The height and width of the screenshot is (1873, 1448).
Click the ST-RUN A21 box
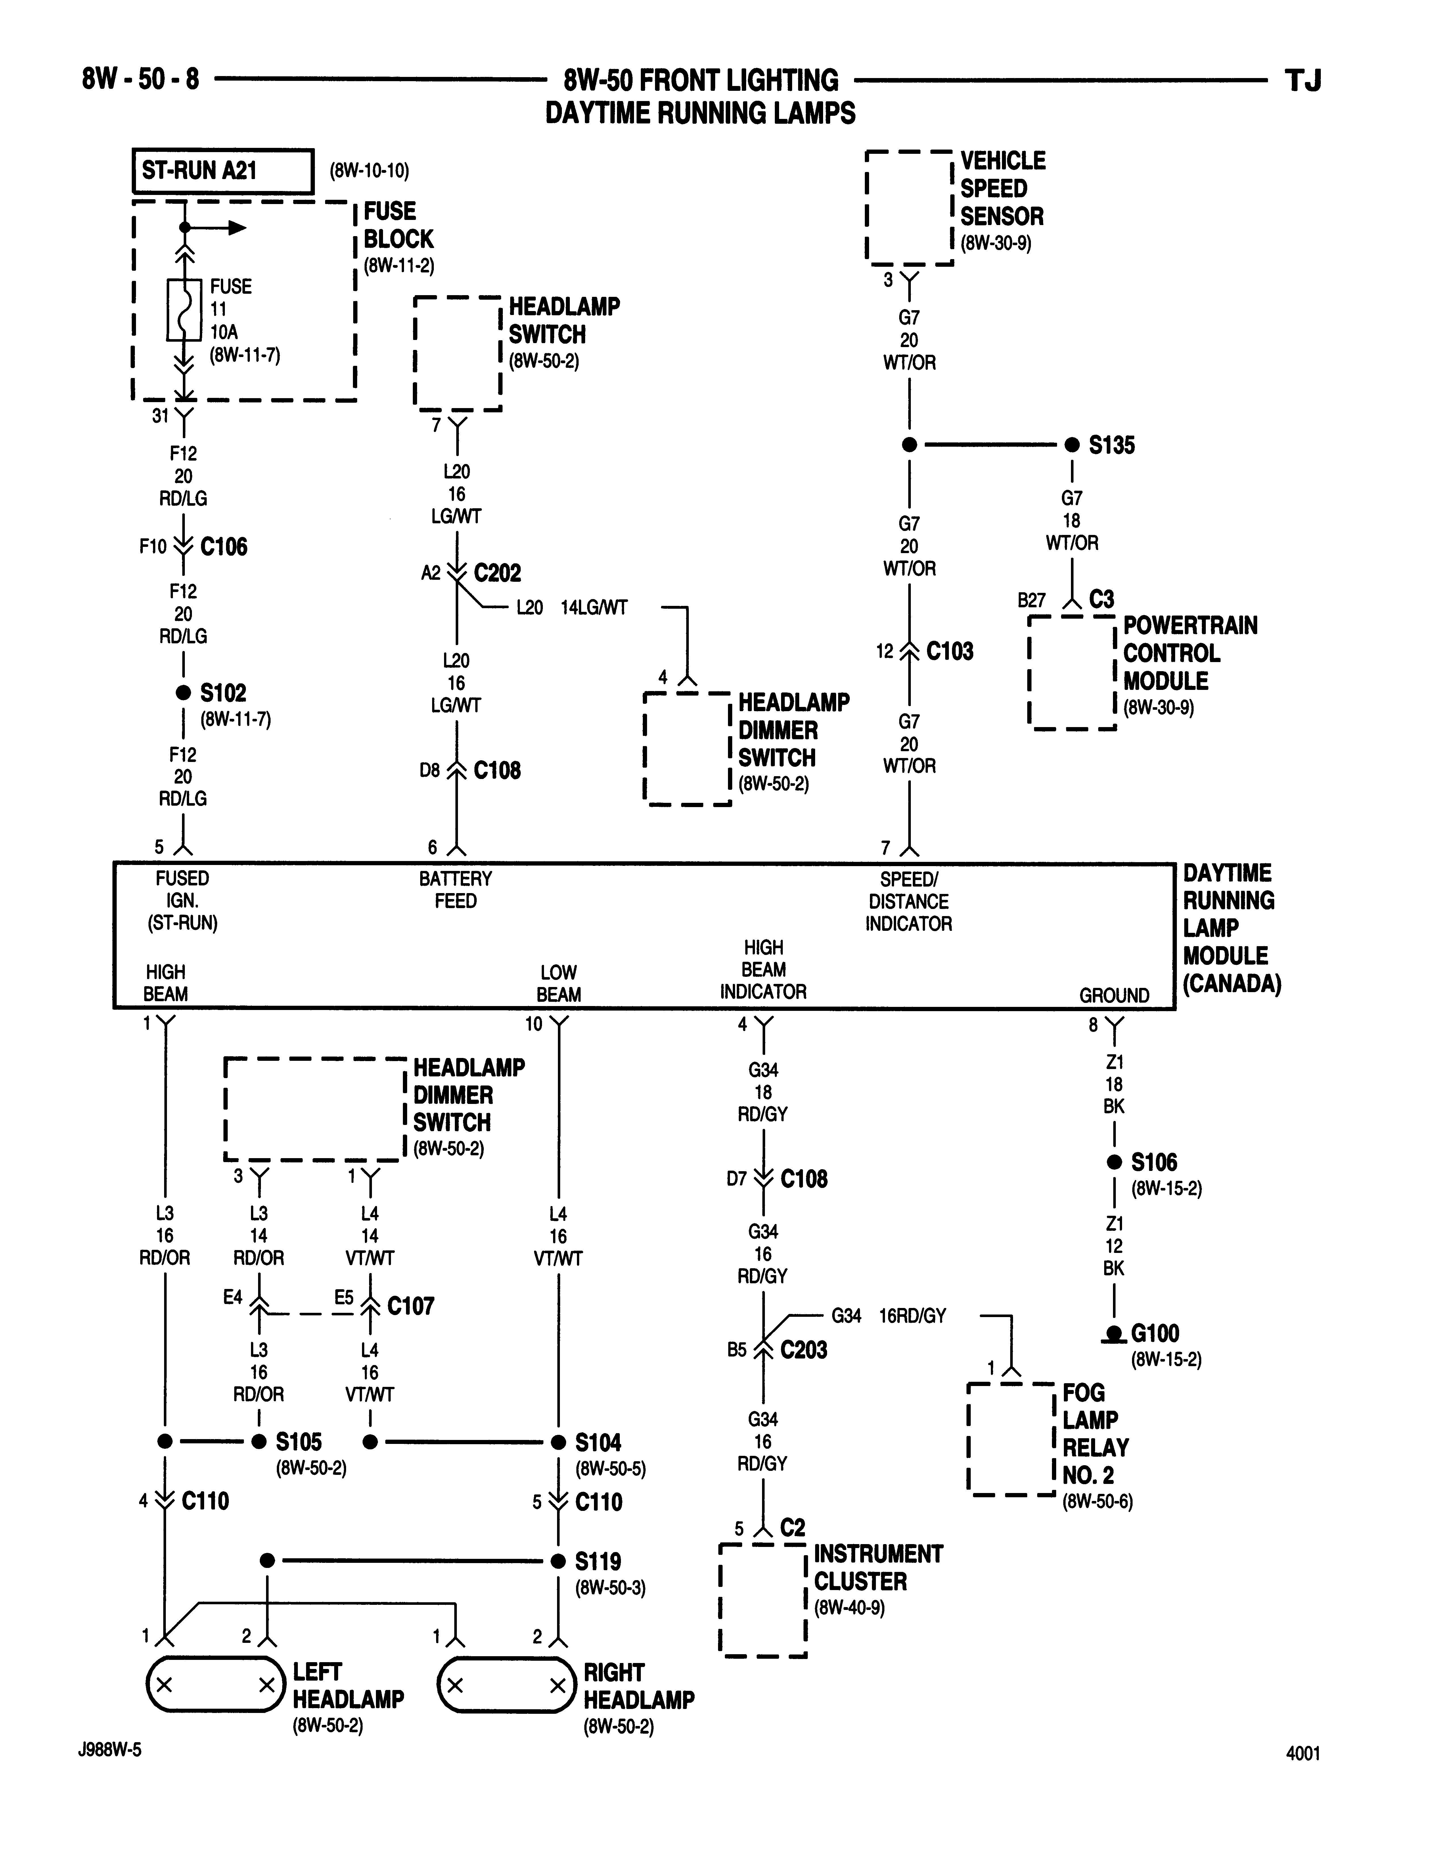(x=222, y=171)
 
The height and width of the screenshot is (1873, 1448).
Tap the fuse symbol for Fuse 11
(x=184, y=310)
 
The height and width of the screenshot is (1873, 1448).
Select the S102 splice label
(x=223, y=693)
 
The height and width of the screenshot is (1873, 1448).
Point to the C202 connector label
(x=497, y=573)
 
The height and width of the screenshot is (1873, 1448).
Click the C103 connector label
(x=950, y=652)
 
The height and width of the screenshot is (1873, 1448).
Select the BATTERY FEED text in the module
(x=455, y=890)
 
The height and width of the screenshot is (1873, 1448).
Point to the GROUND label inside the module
(x=1114, y=996)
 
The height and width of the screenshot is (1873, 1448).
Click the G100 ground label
(x=1155, y=1334)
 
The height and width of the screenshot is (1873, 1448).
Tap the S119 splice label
(x=598, y=1561)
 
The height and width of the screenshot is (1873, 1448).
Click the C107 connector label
(x=411, y=1306)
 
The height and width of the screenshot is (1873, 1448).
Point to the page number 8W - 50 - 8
(x=141, y=80)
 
